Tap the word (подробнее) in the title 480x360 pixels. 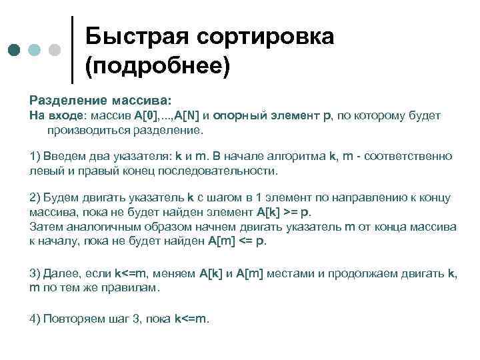click(157, 66)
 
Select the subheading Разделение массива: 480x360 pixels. click(101, 100)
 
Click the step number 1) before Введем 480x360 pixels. click(35, 156)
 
